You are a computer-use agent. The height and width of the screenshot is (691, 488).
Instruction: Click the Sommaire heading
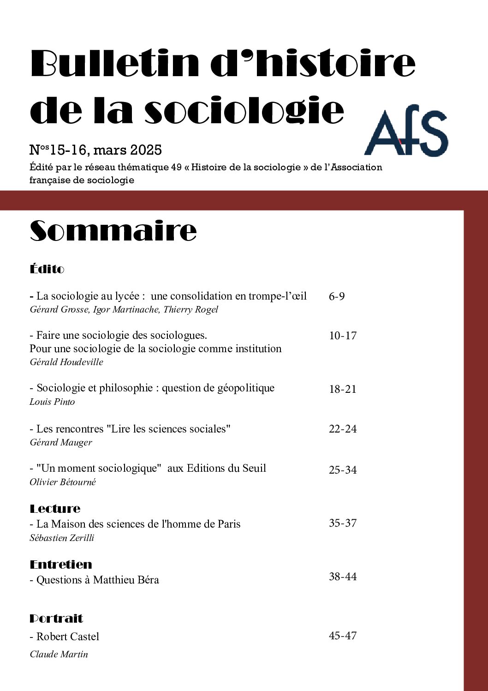pos(113,231)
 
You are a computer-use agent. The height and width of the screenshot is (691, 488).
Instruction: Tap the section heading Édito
pos(47,269)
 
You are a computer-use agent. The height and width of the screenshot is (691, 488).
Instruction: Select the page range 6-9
pos(337,296)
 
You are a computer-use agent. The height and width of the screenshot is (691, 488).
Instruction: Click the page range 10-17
pos(343,336)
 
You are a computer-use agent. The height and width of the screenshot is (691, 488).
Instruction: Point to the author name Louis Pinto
pos(52,402)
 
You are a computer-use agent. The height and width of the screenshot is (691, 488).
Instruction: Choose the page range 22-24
pos(343,429)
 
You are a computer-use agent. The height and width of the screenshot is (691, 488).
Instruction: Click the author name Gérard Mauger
pos(61,442)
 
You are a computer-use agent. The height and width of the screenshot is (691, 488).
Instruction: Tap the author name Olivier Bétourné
pos(63,482)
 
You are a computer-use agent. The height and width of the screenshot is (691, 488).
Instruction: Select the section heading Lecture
pos(55,509)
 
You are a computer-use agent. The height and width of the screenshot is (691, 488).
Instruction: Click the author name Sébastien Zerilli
pos(62,538)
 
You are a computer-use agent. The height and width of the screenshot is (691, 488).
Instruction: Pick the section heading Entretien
pos(61,565)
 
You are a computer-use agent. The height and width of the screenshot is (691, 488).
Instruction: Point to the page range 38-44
pos(343,577)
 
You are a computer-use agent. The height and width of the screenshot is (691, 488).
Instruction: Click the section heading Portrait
pos(56,619)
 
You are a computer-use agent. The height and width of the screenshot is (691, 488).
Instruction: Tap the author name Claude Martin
pos(59,654)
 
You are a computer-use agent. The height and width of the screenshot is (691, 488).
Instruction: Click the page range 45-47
pos(343,636)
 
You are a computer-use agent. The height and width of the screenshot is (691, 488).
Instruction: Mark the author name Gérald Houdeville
pos(66,362)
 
